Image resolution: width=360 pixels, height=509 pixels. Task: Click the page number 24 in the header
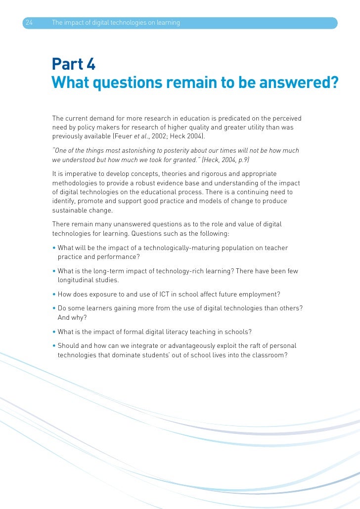[x=29, y=23]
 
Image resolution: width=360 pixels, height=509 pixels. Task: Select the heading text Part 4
[x=74, y=64]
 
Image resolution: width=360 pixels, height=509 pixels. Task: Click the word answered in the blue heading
[x=298, y=83]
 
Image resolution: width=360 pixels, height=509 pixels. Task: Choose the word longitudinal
[x=77, y=280]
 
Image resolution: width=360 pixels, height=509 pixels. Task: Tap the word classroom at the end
[x=268, y=355]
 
